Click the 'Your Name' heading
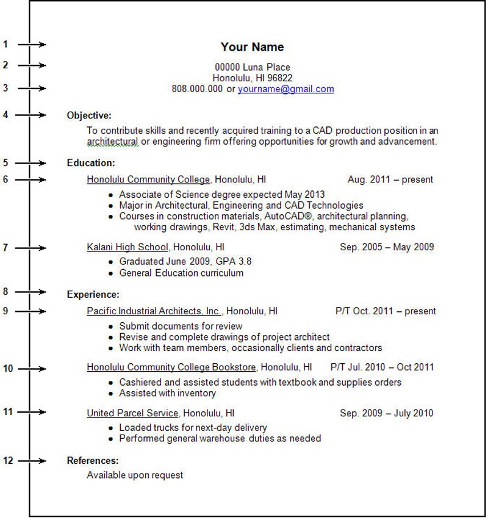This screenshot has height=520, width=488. [x=252, y=47]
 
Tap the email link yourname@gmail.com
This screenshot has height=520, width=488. [x=285, y=89]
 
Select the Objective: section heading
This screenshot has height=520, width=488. [x=89, y=115]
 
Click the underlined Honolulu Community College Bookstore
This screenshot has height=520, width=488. [x=171, y=367]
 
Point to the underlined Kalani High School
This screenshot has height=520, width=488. [x=127, y=247]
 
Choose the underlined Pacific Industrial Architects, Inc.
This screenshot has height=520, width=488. [x=154, y=311]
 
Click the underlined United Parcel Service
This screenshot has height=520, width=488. [x=132, y=413]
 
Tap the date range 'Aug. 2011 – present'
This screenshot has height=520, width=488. [x=390, y=179]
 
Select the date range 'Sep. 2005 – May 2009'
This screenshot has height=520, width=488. [x=387, y=247]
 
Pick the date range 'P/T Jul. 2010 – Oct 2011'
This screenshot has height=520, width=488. [x=382, y=367]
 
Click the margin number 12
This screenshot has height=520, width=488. [x=7, y=461]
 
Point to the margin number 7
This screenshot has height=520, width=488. [x=5, y=247]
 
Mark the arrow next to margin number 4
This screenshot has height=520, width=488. [x=32, y=115]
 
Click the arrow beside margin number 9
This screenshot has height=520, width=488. [x=32, y=311]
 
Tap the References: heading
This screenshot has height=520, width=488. [x=93, y=461]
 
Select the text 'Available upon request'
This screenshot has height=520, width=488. [x=135, y=475]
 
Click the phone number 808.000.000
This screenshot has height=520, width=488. [x=197, y=89]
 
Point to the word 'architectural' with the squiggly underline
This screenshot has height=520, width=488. [x=113, y=142]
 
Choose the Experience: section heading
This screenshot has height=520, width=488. [x=93, y=295]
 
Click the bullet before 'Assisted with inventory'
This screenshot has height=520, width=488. [x=111, y=394]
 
